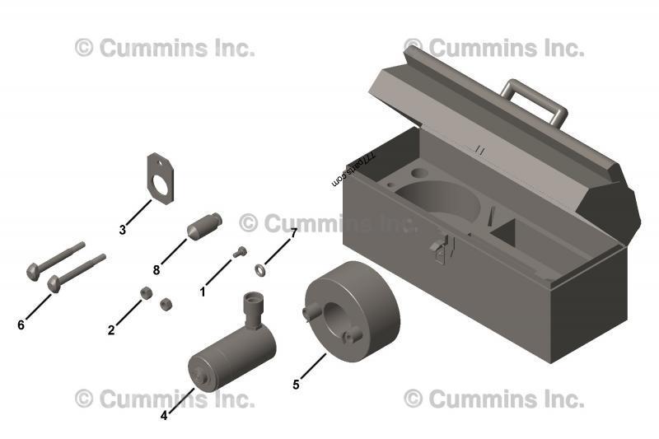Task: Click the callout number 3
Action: pyautogui.click(x=122, y=230)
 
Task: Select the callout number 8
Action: pyautogui.click(x=156, y=269)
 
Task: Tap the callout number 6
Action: pyautogui.click(x=21, y=325)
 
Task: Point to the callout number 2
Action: pyautogui.click(x=111, y=330)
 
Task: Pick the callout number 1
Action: pyautogui.click(x=203, y=291)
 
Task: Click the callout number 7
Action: pyautogui.click(x=292, y=234)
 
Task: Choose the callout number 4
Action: pyautogui.click(x=164, y=416)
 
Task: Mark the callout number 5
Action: pyautogui.click(x=296, y=383)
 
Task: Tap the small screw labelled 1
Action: pyautogui.click(x=240, y=252)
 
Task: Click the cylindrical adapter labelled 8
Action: pyautogui.click(x=203, y=226)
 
